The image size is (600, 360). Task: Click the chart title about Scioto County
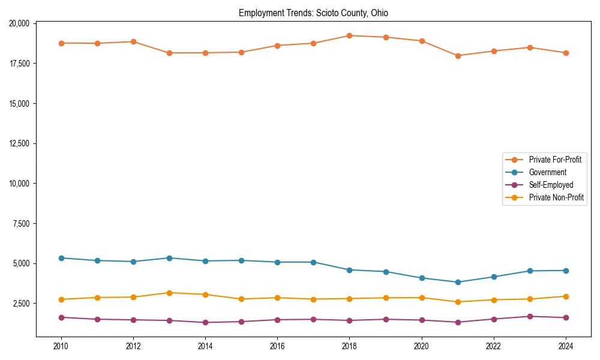tap(313, 13)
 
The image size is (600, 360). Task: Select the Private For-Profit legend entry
tap(554, 160)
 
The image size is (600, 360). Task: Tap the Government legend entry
tap(547, 172)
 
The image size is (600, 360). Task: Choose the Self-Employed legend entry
tap(551, 185)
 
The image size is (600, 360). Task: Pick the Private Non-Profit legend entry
tap(556, 197)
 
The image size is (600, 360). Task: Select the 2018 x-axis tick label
tap(349, 346)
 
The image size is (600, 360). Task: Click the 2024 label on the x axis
tap(566, 346)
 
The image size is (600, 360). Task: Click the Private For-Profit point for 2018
tap(349, 35)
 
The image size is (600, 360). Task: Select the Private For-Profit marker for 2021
tap(458, 56)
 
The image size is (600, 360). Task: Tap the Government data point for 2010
tap(61, 258)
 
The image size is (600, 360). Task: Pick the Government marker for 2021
tap(458, 282)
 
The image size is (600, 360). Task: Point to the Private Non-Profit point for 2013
tap(169, 293)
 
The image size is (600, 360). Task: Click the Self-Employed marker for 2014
tap(205, 322)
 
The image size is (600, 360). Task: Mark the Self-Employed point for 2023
tap(530, 316)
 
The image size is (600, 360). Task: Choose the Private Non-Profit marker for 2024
tap(566, 296)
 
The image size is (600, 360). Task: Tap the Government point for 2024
tap(566, 271)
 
